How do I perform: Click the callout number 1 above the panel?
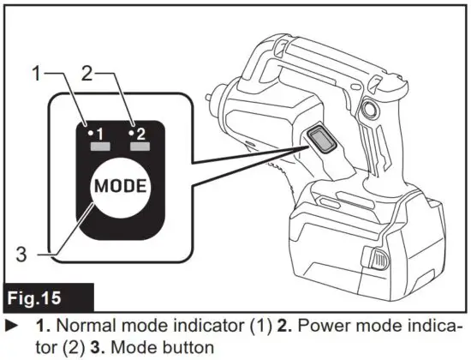(36, 75)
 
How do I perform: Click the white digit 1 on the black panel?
(99, 134)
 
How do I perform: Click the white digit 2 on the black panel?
(140, 134)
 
